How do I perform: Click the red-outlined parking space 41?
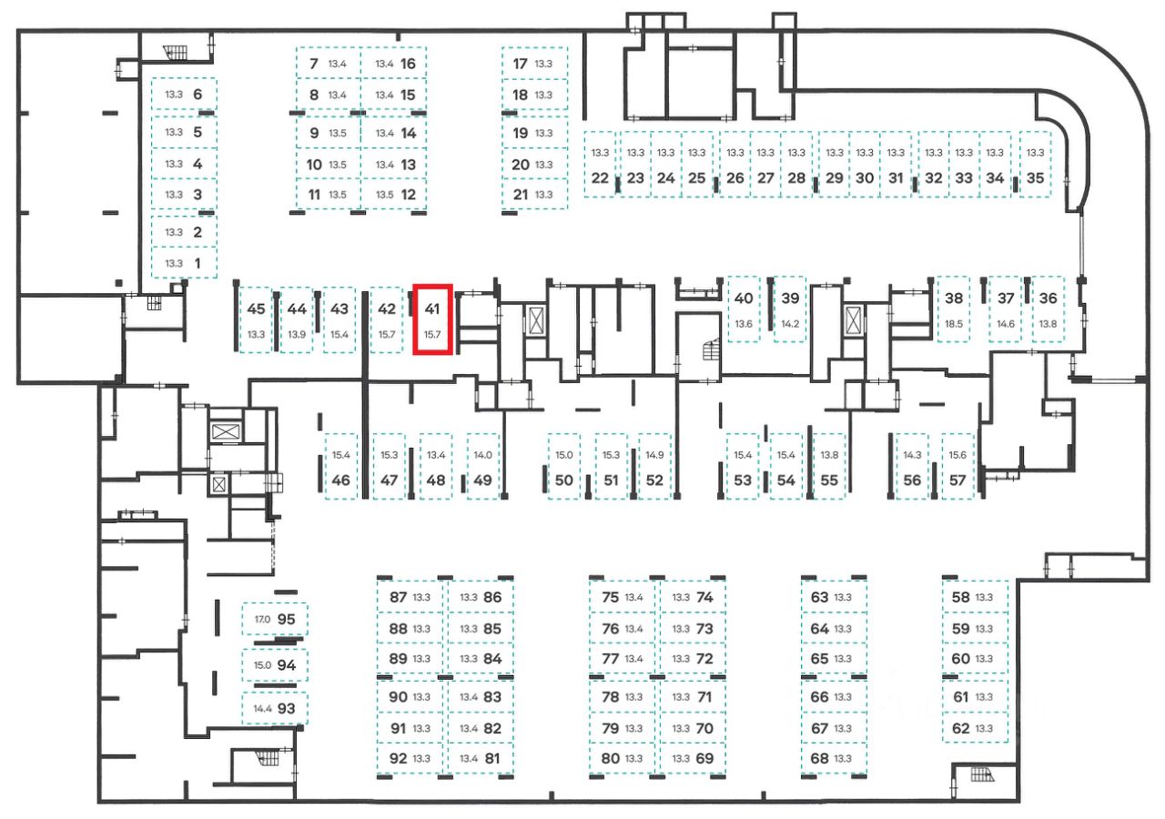pos(433,320)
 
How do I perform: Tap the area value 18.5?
pos(954,324)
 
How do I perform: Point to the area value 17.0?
pos(262,620)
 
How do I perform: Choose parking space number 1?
pos(198,263)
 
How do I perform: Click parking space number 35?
pos(1036,178)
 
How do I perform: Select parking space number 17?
pos(521,64)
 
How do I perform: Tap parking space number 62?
pos(960,728)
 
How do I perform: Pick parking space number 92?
pos(398,758)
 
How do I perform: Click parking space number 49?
pos(482,480)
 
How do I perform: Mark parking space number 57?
pos(957,480)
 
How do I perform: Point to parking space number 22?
pos(600,178)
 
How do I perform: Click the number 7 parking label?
pos(314,64)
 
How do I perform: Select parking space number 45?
pos(256,308)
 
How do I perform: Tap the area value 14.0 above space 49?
pos(482,455)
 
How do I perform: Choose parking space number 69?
pos(704,758)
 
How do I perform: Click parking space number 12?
pos(408,194)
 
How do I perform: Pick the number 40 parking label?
pos(744,298)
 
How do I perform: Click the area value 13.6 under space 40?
pos(744,324)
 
